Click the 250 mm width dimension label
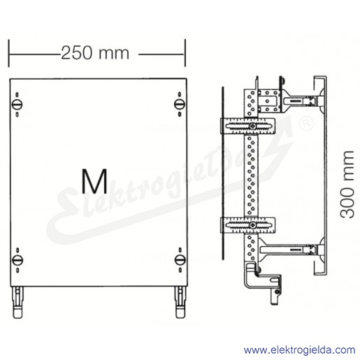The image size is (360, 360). coord(95,53)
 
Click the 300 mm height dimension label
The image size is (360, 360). coord(347,185)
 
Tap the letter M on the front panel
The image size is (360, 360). coord(94,181)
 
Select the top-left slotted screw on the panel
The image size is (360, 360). coord(17,104)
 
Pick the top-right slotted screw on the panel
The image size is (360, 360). coord(180,103)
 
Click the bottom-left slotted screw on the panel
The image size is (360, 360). coord(17,260)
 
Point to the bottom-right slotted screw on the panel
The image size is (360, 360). coord(180,259)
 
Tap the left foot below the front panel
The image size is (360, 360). coord(18,303)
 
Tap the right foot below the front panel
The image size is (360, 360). coord(180,303)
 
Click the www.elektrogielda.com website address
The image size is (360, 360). coord(299,350)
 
